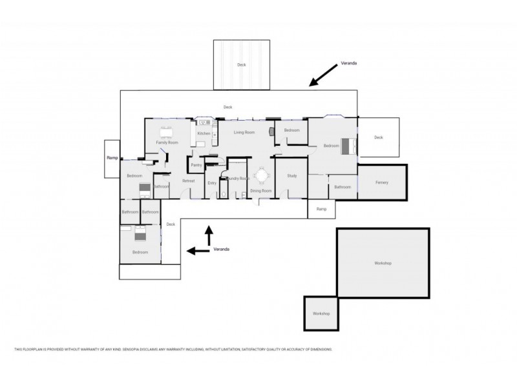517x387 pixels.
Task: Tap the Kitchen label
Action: click(x=203, y=134)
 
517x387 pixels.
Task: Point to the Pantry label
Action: click(x=196, y=165)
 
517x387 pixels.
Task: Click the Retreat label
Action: click(x=189, y=181)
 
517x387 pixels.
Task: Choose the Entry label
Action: click(x=212, y=183)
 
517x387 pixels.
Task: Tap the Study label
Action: click(x=291, y=175)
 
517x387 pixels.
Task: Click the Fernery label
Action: click(x=382, y=183)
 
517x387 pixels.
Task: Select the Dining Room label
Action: click(x=260, y=191)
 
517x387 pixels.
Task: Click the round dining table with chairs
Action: click(x=261, y=175)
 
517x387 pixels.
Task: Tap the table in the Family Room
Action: click(x=167, y=134)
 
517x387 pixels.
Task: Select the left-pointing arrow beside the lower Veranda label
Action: click(x=196, y=250)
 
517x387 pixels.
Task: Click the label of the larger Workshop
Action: click(x=383, y=263)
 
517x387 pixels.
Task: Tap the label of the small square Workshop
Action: click(x=321, y=313)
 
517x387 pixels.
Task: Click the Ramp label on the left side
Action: click(x=111, y=157)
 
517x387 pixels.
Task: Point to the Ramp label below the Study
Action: click(x=321, y=209)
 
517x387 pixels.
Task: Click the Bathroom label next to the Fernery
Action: click(x=343, y=187)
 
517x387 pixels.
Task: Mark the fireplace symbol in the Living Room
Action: click(x=272, y=131)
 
